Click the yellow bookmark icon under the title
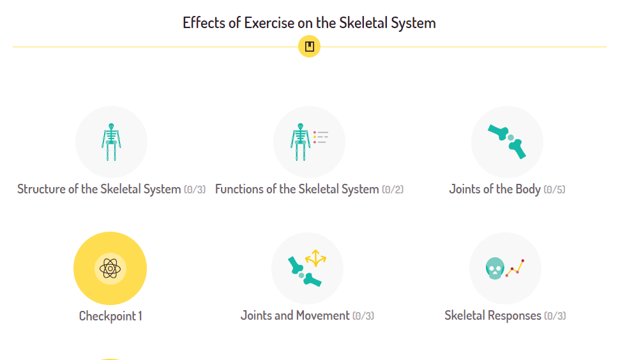click(x=309, y=47)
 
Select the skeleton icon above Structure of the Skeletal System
click(x=111, y=142)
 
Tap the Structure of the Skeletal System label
click(x=99, y=189)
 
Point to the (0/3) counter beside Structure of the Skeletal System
click(x=195, y=190)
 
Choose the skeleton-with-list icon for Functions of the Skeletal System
click(x=309, y=142)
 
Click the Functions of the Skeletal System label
click(x=297, y=189)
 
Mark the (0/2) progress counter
click(x=393, y=190)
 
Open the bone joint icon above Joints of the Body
click(x=507, y=142)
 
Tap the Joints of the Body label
click(x=495, y=189)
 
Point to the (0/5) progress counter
click(x=554, y=190)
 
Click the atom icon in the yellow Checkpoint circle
click(x=110, y=268)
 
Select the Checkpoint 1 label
click(x=110, y=316)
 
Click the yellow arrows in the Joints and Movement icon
click(x=316, y=258)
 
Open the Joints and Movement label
click(x=295, y=315)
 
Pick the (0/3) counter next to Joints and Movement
click(x=363, y=316)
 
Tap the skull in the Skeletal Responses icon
click(x=495, y=268)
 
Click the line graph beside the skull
click(x=515, y=268)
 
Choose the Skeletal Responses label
click(x=493, y=315)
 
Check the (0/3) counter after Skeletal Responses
click(x=555, y=316)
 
